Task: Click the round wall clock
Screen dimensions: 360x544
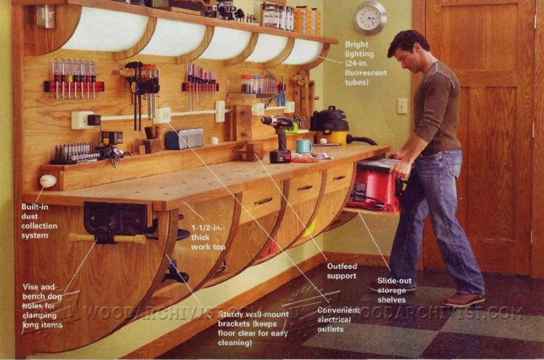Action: [x=370, y=18]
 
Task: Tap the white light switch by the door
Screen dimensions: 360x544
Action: [x=402, y=105]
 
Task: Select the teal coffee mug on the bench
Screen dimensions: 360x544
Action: [x=304, y=146]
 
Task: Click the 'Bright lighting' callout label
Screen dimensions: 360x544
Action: [x=366, y=62]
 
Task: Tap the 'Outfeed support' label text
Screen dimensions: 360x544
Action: [x=341, y=270]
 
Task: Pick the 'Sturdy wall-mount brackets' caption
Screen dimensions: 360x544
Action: [x=253, y=328]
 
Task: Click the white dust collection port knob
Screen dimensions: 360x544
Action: [x=48, y=181]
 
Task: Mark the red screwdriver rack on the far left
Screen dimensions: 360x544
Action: [x=74, y=86]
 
